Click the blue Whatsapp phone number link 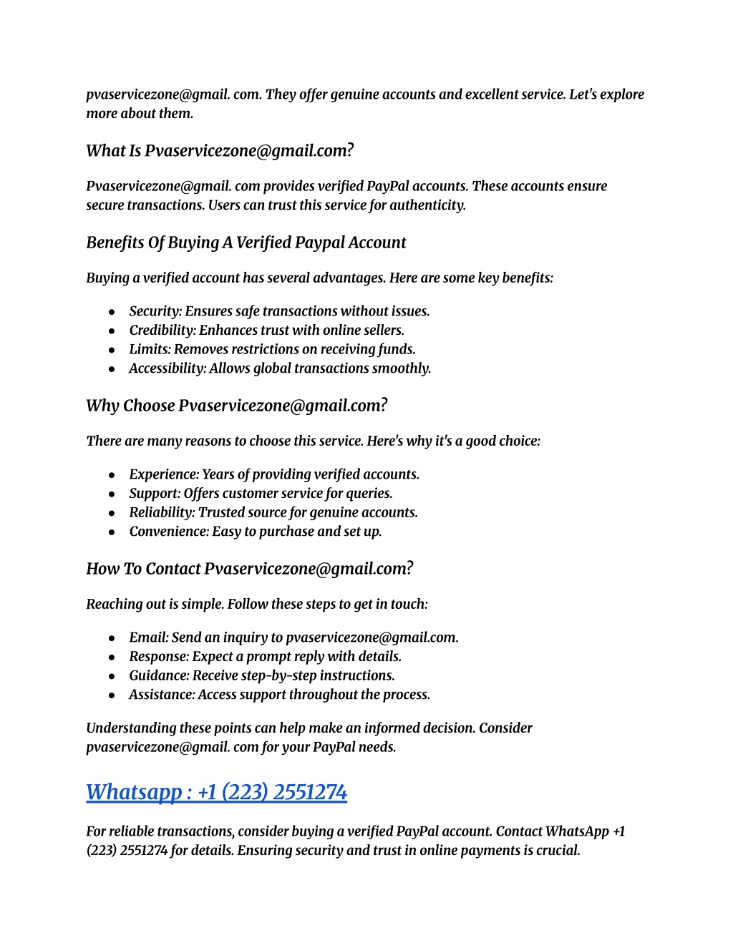tap(216, 792)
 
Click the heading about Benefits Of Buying tap(246, 243)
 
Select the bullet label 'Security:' tap(155, 311)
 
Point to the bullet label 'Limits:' tap(150, 349)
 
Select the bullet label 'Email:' tap(148, 637)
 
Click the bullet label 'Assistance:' tap(162, 695)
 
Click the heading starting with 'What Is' tap(220, 151)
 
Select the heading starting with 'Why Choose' tap(236, 406)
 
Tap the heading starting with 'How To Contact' tap(249, 569)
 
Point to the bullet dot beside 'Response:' tap(112, 657)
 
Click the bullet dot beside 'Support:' tap(112, 494)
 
